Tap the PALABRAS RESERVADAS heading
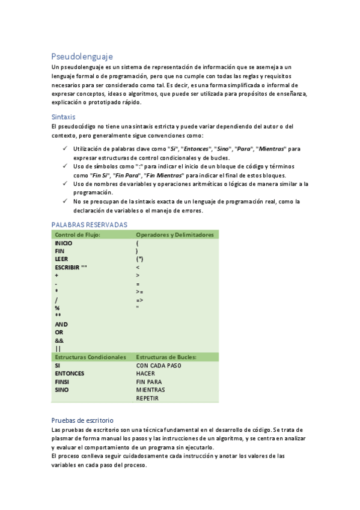[x=90, y=224]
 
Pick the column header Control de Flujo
[x=77, y=235]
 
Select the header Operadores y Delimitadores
[x=175, y=235]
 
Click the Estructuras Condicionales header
[x=90, y=357]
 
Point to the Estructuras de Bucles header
[x=166, y=357]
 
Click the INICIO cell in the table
[x=64, y=243]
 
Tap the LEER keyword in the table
[x=61, y=259]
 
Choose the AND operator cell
[x=61, y=324]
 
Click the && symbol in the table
[x=59, y=340]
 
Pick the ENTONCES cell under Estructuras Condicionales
[x=69, y=373]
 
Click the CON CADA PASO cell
[x=159, y=365]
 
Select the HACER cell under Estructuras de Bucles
[x=146, y=373]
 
